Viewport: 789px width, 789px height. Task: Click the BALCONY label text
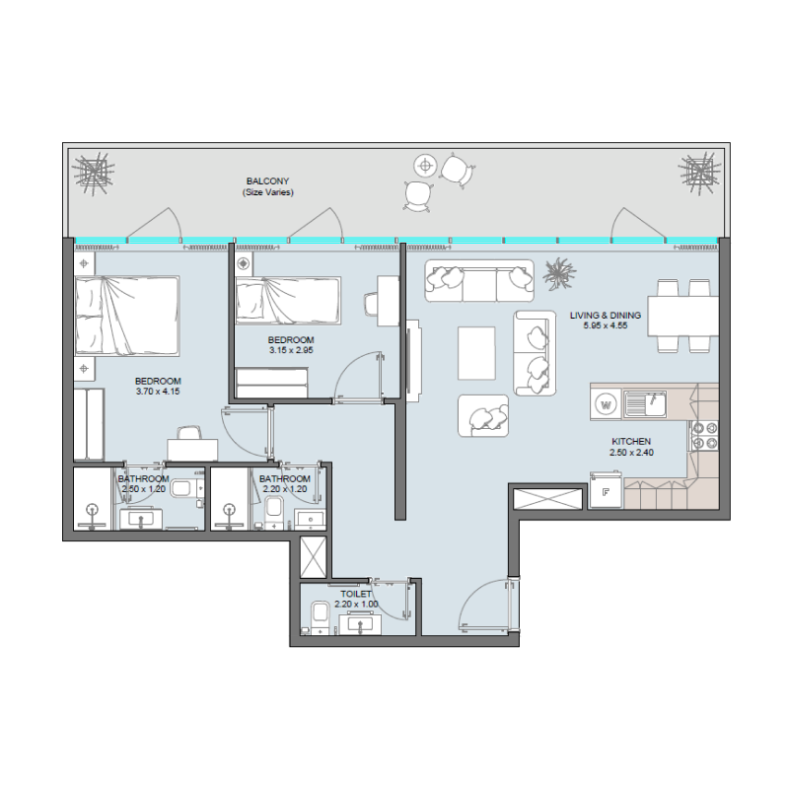(x=268, y=181)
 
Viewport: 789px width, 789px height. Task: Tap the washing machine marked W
(x=607, y=403)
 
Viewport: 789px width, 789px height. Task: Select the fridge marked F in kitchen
(x=606, y=491)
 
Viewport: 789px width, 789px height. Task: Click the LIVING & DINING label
(x=606, y=316)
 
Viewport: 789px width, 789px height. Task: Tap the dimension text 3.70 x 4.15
(x=158, y=392)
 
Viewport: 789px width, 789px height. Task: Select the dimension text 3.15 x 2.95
(x=291, y=348)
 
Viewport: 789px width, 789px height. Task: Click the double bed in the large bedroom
(x=127, y=316)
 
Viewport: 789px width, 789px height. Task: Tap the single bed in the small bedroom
(x=288, y=300)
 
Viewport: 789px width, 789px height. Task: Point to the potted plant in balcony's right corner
(x=701, y=173)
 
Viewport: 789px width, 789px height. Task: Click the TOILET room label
(x=356, y=595)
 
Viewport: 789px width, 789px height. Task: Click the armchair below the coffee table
(x=483, y=415)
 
